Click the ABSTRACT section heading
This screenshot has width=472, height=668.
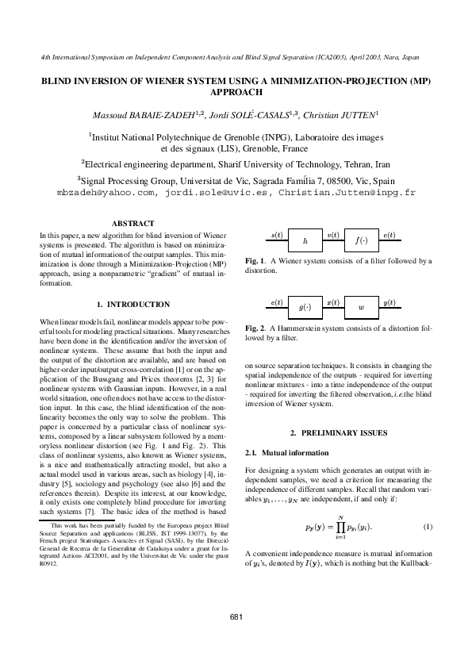coord(133,223)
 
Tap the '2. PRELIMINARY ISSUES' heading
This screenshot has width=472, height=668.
coord(339,432)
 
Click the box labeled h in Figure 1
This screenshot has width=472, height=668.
coord(305,240)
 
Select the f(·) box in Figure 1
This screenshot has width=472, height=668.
coord(360,240)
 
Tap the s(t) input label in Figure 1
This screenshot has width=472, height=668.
coord(277,236)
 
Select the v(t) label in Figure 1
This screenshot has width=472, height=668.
coord(333,236)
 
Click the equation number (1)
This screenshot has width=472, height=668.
coord(427,527)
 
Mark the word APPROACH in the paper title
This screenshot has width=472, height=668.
coord(236,92)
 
